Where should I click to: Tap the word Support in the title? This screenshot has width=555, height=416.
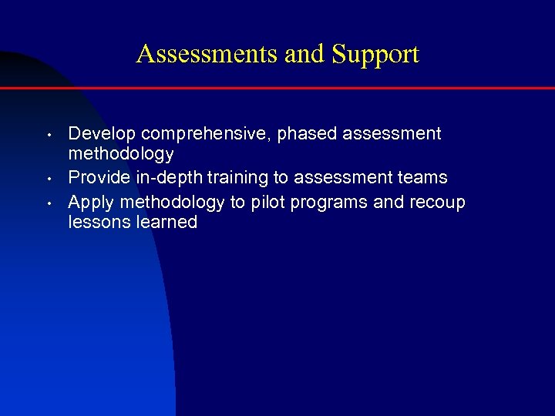pyautogui.click(x=375, y=55)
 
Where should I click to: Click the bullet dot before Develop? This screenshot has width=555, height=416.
pyautogui.click(x=48, y=136)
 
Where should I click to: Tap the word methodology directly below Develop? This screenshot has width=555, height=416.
pyautogui.click(x=121, y=154)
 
